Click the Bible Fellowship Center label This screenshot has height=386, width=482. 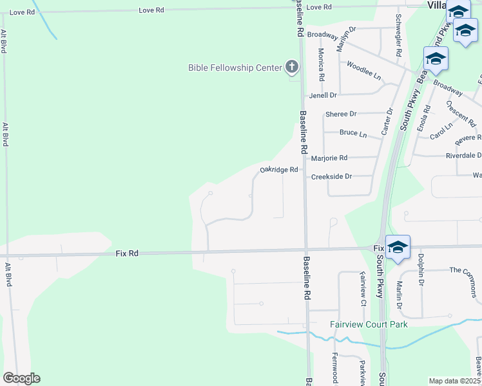coord(235,68)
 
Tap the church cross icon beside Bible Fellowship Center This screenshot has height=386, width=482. coord(292,66)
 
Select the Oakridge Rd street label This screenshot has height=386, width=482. coord(279,170)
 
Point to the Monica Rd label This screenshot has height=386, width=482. coord(321,64)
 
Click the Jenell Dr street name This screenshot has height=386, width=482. coord(323,95)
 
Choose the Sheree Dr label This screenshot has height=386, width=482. coord(341,114)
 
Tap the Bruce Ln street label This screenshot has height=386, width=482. coord(353,134)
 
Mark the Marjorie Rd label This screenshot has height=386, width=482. coord(329,158)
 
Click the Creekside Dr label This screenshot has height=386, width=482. coord(331,176)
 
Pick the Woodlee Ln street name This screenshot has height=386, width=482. coord(364,71)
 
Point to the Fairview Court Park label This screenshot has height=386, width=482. coord(369,324)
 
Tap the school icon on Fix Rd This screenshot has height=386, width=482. coord(398,247)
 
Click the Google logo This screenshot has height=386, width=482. coord(21,378)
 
